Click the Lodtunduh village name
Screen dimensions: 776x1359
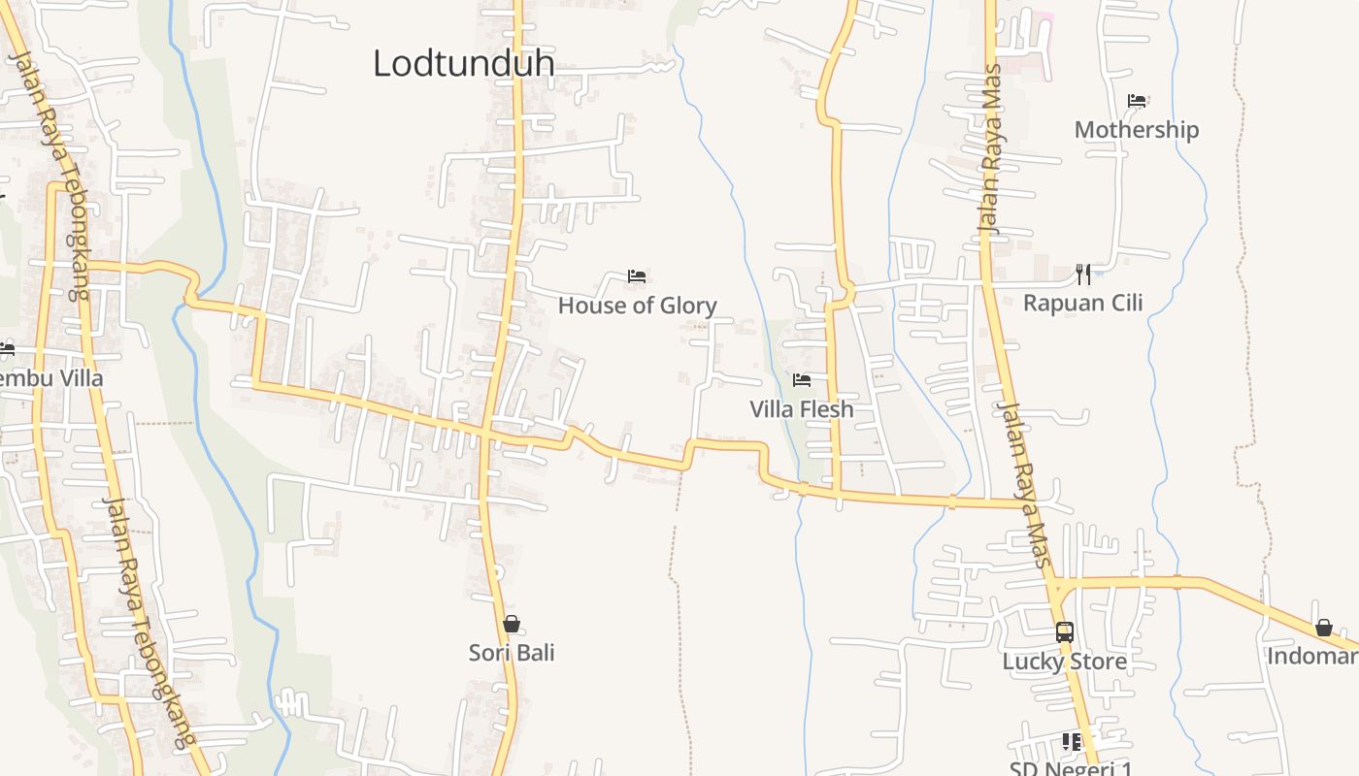click(463, 63)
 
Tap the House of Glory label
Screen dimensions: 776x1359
click(637, 306)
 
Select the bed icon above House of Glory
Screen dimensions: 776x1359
click(637, 276)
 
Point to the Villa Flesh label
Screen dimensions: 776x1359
click(801, 409)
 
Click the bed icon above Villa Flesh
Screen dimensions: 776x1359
click(802, 380)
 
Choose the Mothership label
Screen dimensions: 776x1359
click(1136, 130)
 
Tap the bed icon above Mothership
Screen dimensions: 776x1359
click(1137, 101)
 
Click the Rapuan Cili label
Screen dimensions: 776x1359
click(1082, 303)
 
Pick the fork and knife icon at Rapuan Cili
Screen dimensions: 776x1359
click(1083, 275)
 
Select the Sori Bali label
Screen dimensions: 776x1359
click(512, 653)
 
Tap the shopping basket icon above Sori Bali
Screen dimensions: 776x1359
click(512, 624)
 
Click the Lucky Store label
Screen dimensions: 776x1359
click(1064, 662)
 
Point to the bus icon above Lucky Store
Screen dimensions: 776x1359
click(1065, 632)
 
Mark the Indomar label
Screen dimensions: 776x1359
click(1312, 657)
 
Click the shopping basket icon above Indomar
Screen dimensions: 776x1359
click(1323, 629)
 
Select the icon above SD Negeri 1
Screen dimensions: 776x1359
click(1072, 742)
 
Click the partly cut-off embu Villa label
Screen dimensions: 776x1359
click(50, 378)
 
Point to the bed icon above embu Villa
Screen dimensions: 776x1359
click(6, 349)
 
